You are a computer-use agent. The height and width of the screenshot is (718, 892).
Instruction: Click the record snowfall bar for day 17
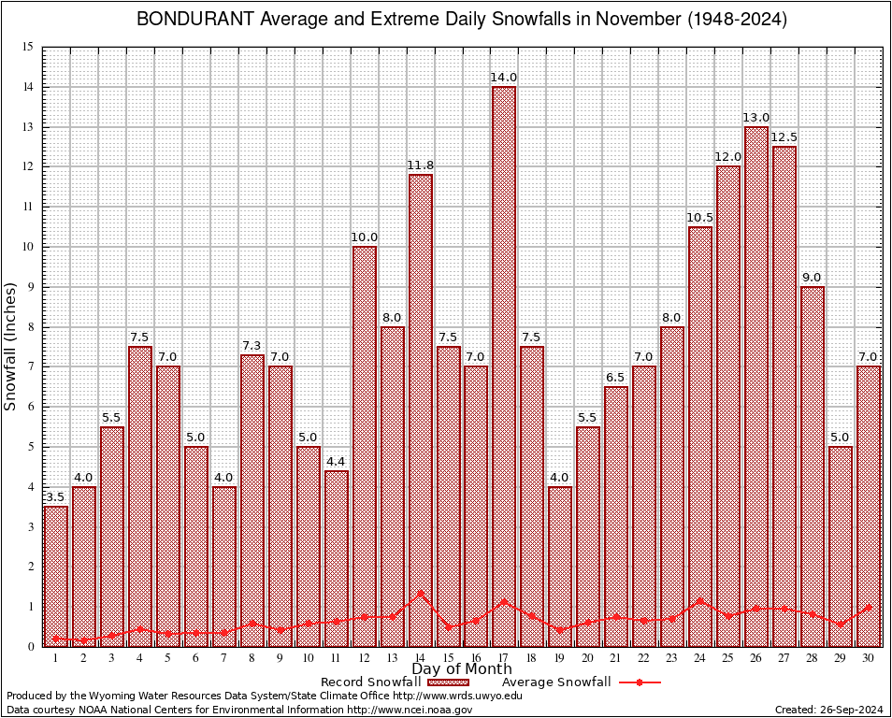(504, 365)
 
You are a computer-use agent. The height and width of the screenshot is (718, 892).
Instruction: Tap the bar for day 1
(56, 575)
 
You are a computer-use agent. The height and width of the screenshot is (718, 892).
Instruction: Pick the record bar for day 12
(364, 445)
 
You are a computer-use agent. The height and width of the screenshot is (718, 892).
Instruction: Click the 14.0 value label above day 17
(504, 78)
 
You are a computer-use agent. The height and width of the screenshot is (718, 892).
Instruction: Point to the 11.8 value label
(420, 165)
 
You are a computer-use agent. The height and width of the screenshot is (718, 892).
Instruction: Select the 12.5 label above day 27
(784, 137)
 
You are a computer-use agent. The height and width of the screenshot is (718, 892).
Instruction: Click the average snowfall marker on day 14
(420, 593)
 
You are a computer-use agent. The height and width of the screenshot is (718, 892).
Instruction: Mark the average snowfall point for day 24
(700, 601)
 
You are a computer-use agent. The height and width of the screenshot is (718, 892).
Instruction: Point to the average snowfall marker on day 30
(869, 607)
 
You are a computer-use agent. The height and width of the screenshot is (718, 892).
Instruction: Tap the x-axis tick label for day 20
(588, 658)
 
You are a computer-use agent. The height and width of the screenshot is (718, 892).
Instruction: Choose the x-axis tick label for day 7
(224, 658)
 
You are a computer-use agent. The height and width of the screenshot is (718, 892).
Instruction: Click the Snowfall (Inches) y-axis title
(11, 347)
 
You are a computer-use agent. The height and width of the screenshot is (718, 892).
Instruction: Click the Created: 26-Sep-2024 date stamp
(828, 711)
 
